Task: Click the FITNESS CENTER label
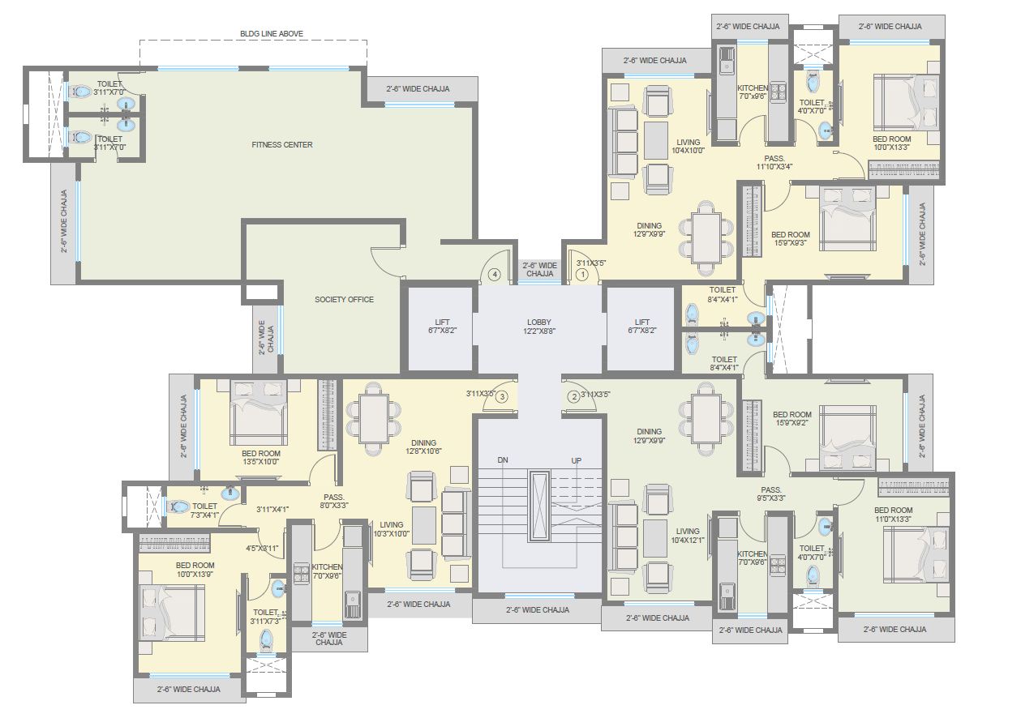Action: pos(281,145)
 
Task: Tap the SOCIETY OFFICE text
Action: pos(344,300)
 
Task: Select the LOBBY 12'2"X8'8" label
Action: pos(538,327)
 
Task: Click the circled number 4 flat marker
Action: pos(494,275)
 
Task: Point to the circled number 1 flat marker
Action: pos(581,275)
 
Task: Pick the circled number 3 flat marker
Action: pos(502,396)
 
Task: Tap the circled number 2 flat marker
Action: pos(573,396)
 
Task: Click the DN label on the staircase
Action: pos(503,460)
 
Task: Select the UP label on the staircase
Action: pos(576,460)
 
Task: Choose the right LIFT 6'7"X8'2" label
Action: pos(642,327)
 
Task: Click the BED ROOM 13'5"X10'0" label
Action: pos(260,458)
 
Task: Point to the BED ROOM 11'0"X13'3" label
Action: pos(893,515)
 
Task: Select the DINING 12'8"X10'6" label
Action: pos(423,447)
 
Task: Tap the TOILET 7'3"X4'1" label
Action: pos(204,511)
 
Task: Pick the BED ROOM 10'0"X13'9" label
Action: pos(195,570)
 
